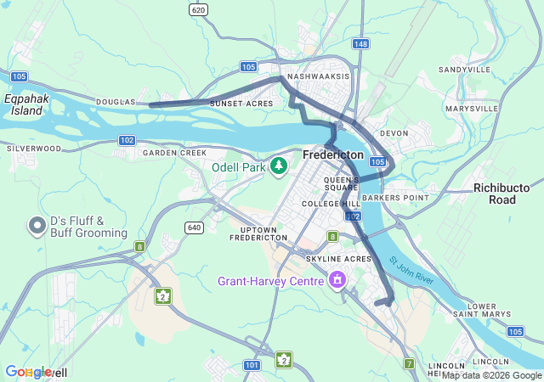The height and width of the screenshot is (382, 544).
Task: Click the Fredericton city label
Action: [333, 155]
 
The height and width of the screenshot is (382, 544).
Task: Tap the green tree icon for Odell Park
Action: [279, 166]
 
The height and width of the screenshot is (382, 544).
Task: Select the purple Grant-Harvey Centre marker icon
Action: [338, 280]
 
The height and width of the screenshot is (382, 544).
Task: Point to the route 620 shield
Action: [198, 9]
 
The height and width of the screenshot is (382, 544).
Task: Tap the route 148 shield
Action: [361, 44]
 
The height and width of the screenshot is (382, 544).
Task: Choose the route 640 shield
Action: [195, 227]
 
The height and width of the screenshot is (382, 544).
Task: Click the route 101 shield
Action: [252, 365]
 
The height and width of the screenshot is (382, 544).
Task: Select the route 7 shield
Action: [409, 364]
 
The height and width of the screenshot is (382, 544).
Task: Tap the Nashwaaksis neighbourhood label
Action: [319, 76]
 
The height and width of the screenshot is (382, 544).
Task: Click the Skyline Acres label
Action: [339, 258]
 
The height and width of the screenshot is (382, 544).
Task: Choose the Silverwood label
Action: [34, 148]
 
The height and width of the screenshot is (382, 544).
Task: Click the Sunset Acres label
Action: [241, 103]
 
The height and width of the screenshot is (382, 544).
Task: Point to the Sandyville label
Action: [465, 70]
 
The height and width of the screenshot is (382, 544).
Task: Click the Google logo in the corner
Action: [27, 372]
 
